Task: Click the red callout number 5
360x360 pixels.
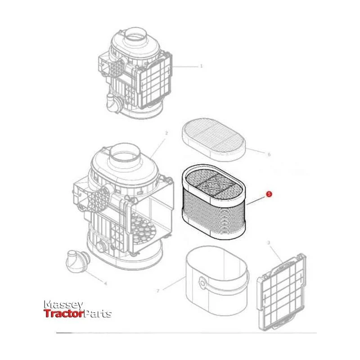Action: [269, 194]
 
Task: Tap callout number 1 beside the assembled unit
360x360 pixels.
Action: [201, 66]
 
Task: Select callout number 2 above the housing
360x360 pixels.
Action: [166, 133]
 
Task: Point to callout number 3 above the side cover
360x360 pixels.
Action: [269, 243]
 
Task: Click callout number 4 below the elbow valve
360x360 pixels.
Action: [105, 283]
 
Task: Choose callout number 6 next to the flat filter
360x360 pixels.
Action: [269, 154]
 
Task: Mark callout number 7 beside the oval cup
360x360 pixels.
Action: [158, 291]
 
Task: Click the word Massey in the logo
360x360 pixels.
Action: [63, 305]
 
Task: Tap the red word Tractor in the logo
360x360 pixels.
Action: [63, 314]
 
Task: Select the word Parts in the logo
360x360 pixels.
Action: [97, 314]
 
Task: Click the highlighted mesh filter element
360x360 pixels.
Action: [213, 202]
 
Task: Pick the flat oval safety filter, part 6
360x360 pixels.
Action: [214, 139]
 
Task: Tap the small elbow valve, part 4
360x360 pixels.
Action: [77, 261]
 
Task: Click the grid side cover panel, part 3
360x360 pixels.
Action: [282, 292]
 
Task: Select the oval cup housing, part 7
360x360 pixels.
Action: [217, 280]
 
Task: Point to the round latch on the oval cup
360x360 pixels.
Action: [202, 283]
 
